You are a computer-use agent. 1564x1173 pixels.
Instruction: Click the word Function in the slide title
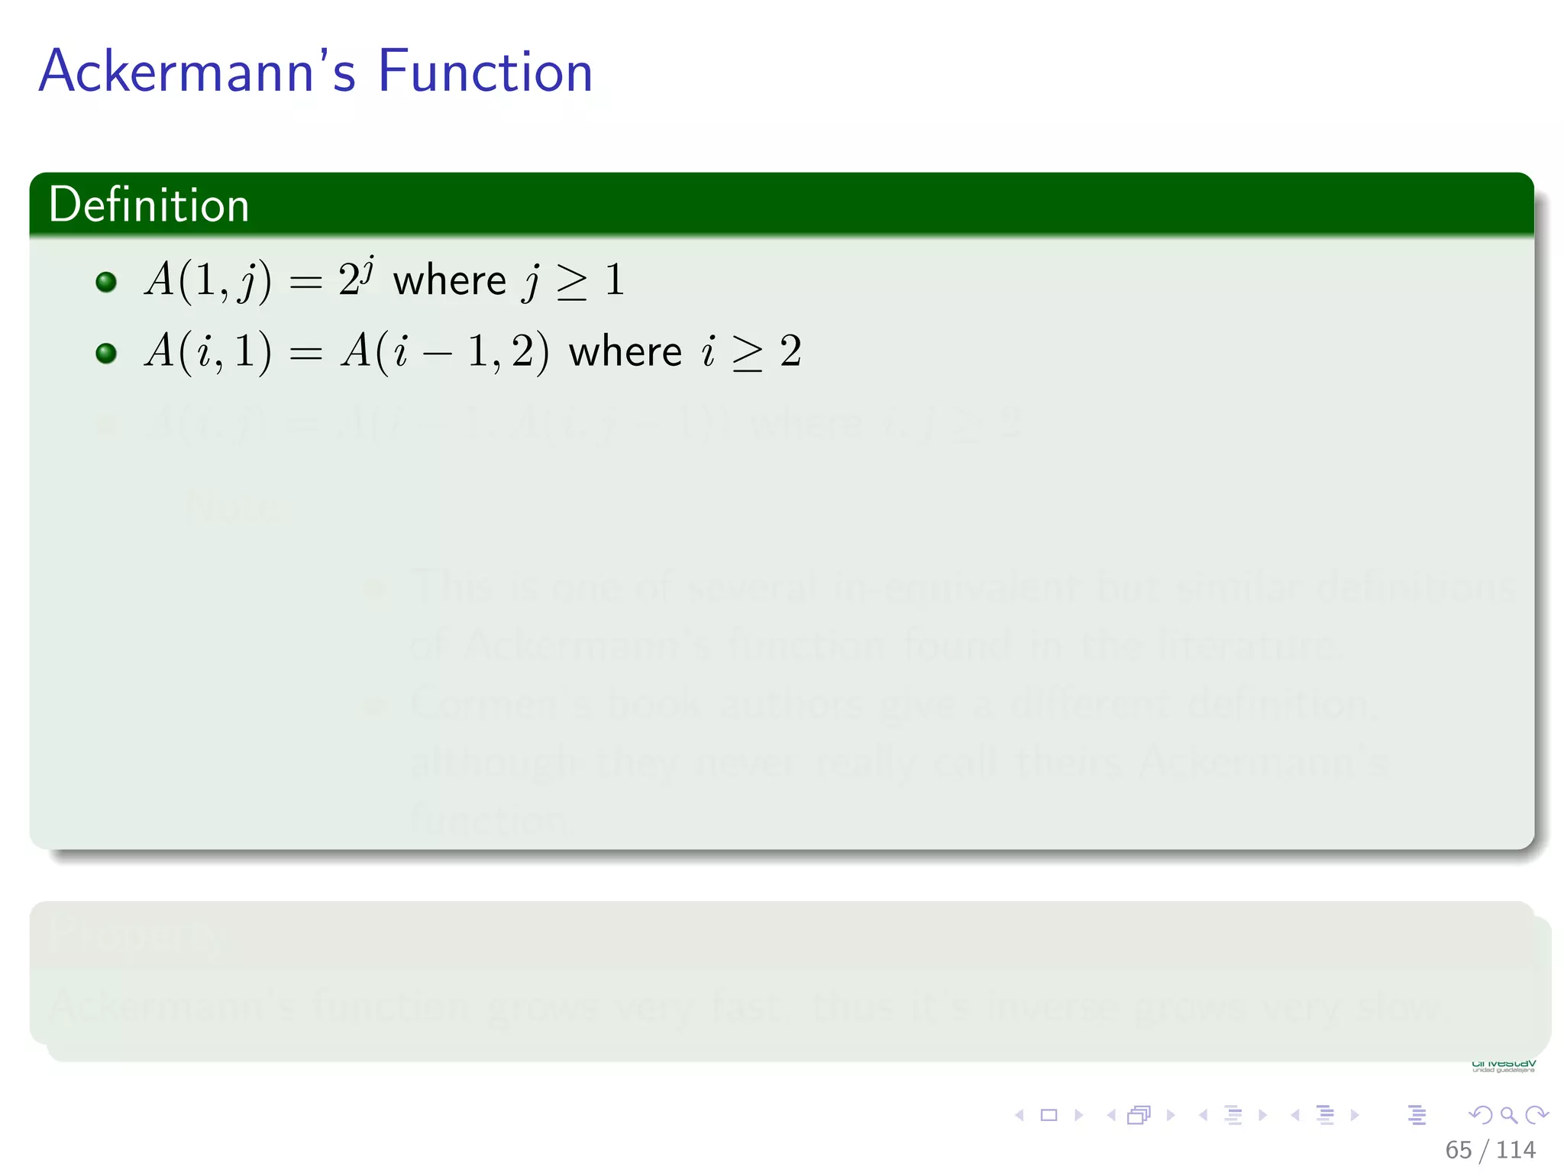tap(485, 71)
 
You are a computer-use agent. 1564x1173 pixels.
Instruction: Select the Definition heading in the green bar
tap(149, 205)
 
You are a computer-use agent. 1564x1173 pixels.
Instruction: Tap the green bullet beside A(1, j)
tap(106, 282)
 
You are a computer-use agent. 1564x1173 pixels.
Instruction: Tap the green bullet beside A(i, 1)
tap(106, 353)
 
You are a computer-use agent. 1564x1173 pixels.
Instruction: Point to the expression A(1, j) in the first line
tap(207, 280)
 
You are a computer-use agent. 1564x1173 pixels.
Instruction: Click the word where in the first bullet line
tap(449, 280)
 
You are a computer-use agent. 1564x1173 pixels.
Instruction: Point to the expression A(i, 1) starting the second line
tap(207, 351)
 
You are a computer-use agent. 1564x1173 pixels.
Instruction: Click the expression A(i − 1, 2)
tap(444, 352)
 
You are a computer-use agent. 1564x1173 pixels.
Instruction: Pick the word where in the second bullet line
tap(625, 352)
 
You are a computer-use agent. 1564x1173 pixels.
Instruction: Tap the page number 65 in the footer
tap(1458, 1149)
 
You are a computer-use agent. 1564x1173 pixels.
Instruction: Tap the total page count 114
tap(1515, 1149)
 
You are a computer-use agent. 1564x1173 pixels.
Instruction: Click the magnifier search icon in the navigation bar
tap(1508, 1115)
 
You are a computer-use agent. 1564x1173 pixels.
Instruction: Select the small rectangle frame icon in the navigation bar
tap(1049, 1115)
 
